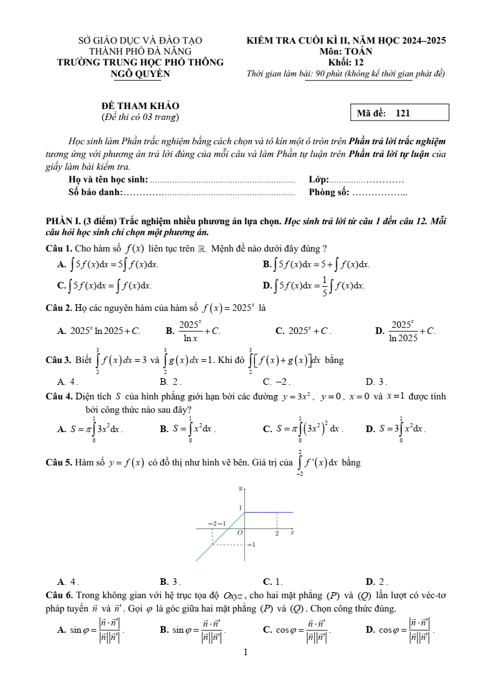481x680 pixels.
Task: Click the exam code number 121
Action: tap(403, 113)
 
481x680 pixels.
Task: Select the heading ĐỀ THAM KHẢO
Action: tap(140, 105)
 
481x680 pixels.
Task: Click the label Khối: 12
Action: tap(346, 62)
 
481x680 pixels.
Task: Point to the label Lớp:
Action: tap(319, 180)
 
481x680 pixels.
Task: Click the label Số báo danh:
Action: tap(96, 192)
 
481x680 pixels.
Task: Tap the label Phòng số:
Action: tap(329, 192)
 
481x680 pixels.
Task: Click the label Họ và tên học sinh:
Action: tap(108, 180)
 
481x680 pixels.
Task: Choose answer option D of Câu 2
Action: tap(405, 331)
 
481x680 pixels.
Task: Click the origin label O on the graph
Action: tap(240, 532)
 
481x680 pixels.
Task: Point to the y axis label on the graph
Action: tap(240, 488)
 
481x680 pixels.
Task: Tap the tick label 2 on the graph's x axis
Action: tap(277, 533)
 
